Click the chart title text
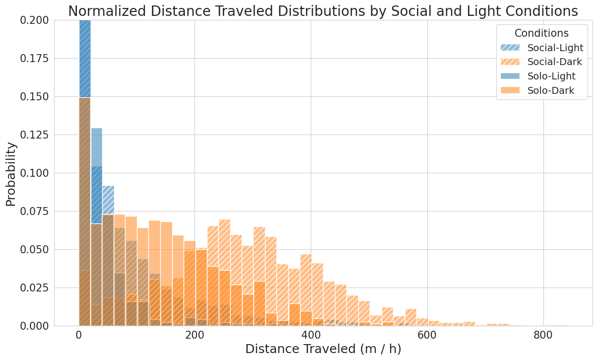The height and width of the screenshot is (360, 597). click(323, 11)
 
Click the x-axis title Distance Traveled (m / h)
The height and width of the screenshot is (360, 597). click(323, 349)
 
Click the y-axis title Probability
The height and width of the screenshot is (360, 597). click(11, 174)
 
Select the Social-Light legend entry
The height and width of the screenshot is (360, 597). click(555, 48)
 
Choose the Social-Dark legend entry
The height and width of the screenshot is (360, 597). click(554, 62)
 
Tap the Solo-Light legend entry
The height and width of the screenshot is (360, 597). click(551, 76)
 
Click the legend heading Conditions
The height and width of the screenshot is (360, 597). click(541, 33)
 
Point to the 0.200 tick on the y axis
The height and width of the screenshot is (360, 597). click(35, 20)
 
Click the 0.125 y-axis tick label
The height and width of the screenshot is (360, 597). click(35, 135)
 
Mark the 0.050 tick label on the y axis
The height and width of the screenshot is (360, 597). click(35, 250)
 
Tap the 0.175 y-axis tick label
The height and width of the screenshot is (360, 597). click(35, 59)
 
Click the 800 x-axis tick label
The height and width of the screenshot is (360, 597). click(543, 335)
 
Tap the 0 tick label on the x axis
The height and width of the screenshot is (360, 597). click(79, 335)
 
